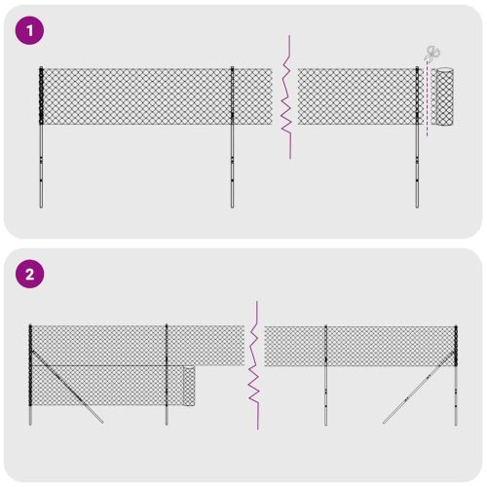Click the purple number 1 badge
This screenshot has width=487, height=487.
30,30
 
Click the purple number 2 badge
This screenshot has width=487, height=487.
30,274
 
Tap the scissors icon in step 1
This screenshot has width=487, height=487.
432,54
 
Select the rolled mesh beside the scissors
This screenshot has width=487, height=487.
445,97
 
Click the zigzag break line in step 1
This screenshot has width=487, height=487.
285,97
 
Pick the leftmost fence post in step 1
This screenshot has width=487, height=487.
41,136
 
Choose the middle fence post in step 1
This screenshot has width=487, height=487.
232,136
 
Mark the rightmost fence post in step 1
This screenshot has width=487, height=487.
417,136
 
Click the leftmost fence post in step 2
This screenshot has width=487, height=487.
30,375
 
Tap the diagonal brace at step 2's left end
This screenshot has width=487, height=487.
68,390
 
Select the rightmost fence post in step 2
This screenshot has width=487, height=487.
455,375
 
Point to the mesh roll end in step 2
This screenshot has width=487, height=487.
189,388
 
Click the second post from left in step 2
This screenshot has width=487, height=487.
167,375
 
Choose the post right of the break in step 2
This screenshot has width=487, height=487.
325,375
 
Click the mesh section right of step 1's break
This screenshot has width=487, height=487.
356,97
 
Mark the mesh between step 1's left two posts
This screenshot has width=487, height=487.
136,97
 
